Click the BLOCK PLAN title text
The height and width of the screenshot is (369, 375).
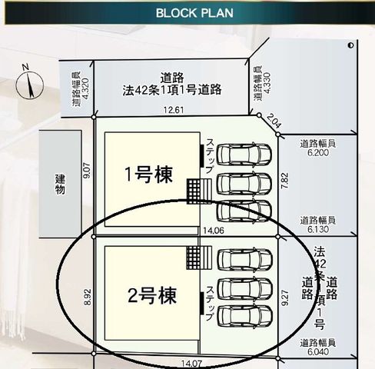194,13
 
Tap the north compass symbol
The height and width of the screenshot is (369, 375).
29,84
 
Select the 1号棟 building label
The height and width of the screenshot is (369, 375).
148,175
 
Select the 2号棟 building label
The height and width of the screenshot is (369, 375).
152,295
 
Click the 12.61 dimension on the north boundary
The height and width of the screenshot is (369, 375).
174,110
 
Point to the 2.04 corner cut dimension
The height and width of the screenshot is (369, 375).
274,121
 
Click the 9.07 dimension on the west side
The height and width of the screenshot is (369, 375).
87,171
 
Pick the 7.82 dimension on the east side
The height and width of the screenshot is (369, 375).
285,181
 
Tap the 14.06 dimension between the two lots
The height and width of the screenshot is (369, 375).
214,231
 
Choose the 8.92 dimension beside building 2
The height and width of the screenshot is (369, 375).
88,297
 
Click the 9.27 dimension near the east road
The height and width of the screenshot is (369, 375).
285,298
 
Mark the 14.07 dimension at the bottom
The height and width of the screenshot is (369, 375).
191,364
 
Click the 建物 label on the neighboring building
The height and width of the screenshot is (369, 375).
60,184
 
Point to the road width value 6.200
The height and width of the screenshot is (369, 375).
318,153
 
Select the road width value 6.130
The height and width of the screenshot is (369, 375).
318,229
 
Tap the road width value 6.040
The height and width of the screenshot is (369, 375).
318,352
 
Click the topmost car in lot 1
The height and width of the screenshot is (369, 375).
244,155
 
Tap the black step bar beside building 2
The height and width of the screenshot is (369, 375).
202,303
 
